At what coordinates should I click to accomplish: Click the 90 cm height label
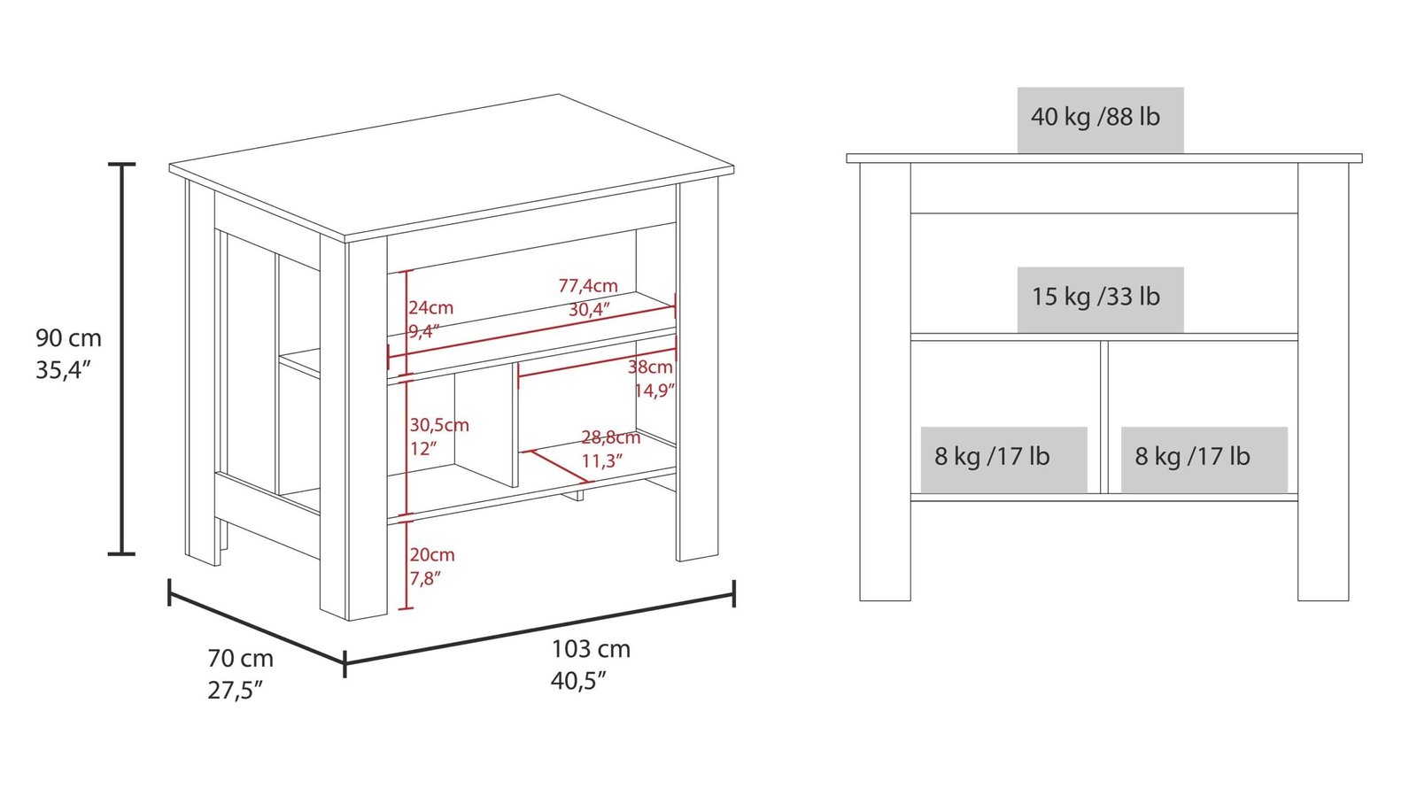pos(68,338)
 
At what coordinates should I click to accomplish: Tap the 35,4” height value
pos(64,370)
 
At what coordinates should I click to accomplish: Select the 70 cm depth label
pos(240,659)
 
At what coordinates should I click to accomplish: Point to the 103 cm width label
pos(591,649)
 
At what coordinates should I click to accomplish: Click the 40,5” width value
pos(578,681)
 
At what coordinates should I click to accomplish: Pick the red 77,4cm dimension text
pos(588,286)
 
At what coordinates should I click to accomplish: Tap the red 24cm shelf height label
pos(431,308)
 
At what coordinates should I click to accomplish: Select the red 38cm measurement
pos(651,367)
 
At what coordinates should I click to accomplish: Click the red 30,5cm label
pos(439,425)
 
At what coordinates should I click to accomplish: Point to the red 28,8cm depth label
pos(610,437)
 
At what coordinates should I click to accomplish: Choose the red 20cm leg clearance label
pos(432,555)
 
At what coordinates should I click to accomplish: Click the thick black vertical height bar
pos(122,359)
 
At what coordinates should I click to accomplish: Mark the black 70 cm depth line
pos(256,626)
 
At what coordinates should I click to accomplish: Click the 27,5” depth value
pos(236,691)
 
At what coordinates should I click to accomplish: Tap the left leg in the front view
pos(885,381)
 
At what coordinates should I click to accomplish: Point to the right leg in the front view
pos(1323,381)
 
